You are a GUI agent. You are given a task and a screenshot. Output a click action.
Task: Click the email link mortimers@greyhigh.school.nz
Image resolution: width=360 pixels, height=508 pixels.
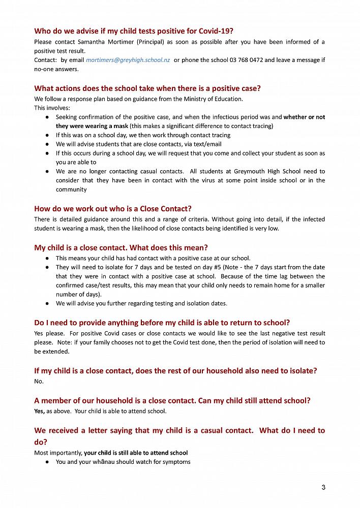pyautogui.click(x=128, y=60)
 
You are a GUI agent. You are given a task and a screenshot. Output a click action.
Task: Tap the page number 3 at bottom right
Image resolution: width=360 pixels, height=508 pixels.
pyautogui.click(x=323, y=488)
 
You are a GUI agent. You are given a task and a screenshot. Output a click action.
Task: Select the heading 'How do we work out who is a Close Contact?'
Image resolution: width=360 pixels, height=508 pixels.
pyautogui.click(x=113, y=208)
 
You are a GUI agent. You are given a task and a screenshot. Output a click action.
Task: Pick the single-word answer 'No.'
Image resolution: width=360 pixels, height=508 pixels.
pyautogui.click(x=39, y=382)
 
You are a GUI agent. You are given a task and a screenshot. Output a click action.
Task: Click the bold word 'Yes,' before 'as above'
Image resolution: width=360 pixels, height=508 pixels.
pyautogui.click(x=40, y=411)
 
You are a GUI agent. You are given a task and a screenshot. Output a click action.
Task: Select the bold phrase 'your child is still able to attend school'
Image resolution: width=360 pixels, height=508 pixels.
pyautogui.click(x=136, y=453)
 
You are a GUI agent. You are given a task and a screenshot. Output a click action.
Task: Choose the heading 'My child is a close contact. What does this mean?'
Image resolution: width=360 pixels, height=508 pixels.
pyautogui.click(x=121, y=247)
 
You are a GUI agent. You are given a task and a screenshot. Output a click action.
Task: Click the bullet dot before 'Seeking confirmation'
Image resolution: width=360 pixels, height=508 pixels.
pyautogui.click(x=47, y=117)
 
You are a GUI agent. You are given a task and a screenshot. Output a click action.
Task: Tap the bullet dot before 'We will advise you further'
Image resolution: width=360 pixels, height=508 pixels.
pyautogui.click(x=47, y=303)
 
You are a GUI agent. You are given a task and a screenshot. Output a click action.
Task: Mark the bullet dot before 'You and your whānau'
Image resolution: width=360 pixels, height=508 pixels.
pyautogui.click(x=47, y=462)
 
